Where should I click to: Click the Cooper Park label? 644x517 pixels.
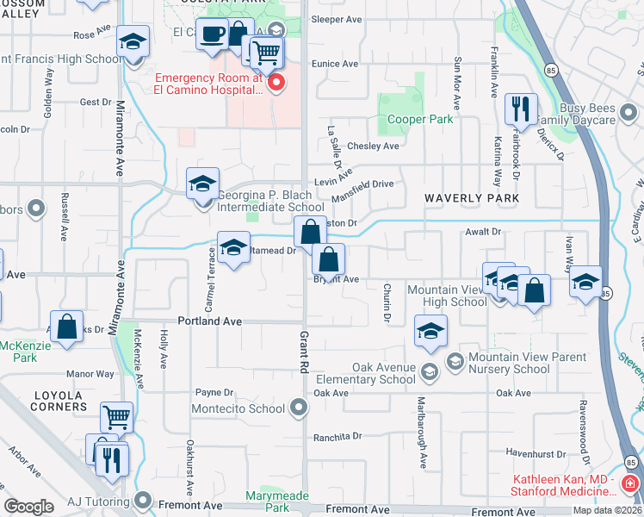[x=420, y=120]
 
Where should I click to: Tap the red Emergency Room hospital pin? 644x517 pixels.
[x=276, y=83]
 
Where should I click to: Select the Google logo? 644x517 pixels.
[x=28, y=507]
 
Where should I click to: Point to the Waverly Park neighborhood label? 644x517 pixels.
[x=472, y=198]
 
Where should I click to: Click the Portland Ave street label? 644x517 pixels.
[x=209, y=321]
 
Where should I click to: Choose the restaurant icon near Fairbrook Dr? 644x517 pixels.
[x=521, y=109]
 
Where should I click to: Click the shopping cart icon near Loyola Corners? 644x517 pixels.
[x=116, y=418]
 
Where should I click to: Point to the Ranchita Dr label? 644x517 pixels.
[x=335, y=436]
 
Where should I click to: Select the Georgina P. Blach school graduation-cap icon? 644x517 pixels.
[x=202, y=184]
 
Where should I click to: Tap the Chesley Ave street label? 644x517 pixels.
[x=373, y=146]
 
